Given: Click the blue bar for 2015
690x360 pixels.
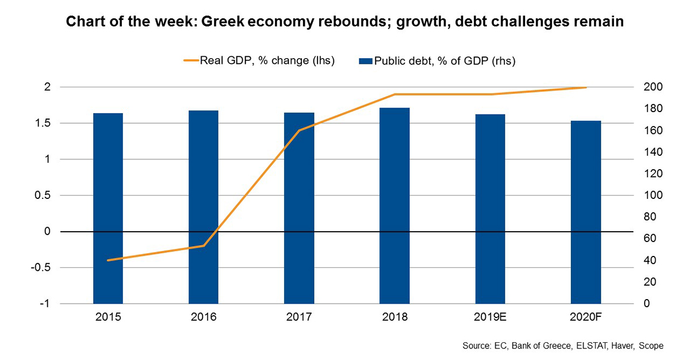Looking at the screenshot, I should point(108,208).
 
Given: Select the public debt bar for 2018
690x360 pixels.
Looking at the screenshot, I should point(394,205).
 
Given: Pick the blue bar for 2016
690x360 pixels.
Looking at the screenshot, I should point(204,207).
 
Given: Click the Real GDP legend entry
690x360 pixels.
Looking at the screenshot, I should point(259,60).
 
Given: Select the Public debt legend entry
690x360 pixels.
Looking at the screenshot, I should point(437,60).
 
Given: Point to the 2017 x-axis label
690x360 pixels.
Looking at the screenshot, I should point(299,317).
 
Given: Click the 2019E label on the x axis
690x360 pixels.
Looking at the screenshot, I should point(490,317).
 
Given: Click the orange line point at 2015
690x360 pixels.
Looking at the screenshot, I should point(108,260).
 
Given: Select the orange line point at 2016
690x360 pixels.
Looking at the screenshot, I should point(204,246).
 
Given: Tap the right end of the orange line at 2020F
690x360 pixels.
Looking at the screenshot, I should point(585,87).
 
